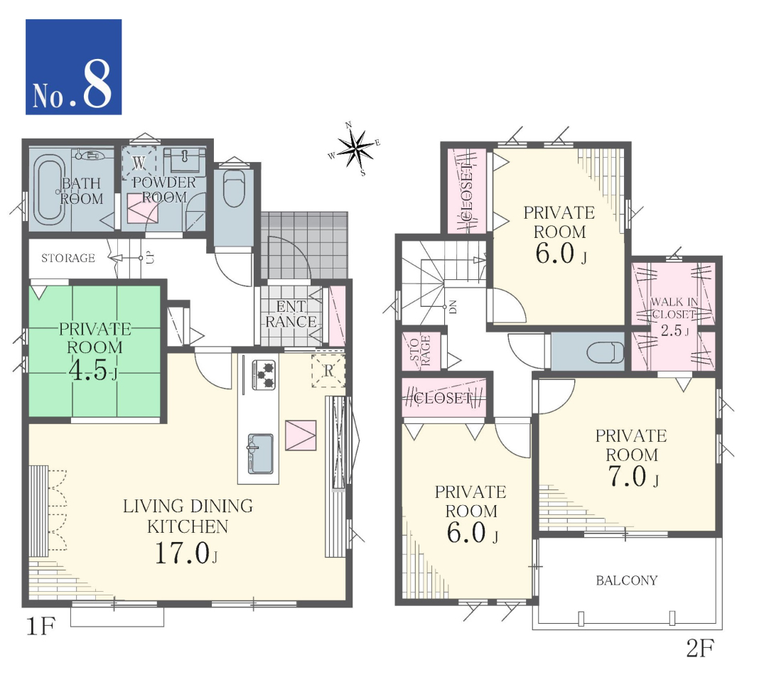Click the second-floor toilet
(606, 352)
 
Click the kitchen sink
(259, 453)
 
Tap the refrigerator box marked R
(328, 371)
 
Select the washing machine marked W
(139, 162)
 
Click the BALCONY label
(627, 580)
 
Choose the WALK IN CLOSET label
(674, 308)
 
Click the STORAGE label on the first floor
(68, 258)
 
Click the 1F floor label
(41, 626)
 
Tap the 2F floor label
(700, 648)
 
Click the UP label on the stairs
(151, 258)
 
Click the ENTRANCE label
(291, 314)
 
